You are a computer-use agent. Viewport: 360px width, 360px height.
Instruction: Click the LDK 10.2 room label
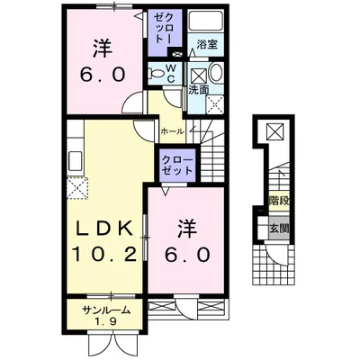pyautogui.click(x=102, y=239)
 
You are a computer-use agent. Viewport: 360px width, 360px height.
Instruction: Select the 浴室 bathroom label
pyautogui.click(x=207, y=42)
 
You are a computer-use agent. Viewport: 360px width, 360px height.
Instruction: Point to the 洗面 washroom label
pyautogui.click(x=198, y=90)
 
